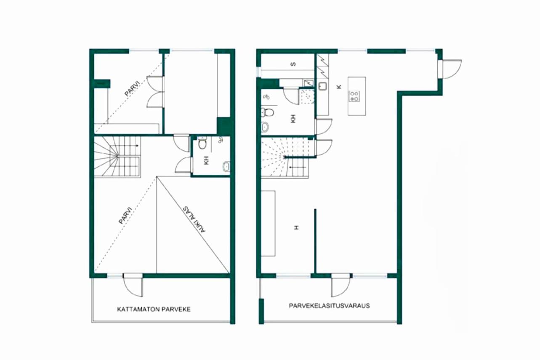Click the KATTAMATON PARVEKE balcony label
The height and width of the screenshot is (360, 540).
154,309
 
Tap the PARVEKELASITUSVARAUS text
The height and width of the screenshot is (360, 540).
329,306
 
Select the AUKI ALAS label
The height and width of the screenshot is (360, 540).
194,219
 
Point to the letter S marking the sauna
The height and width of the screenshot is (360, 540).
293,64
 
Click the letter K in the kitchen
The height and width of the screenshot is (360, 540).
339,87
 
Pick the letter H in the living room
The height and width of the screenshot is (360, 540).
296,227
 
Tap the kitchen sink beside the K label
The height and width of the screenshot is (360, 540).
322,86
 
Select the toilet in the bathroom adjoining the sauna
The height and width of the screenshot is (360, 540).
268,112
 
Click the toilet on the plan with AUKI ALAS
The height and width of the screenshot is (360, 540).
202,143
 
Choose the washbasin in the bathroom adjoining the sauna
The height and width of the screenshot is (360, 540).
265,127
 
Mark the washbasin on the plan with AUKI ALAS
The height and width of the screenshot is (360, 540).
226,166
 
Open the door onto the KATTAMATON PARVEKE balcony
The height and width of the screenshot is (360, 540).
133,285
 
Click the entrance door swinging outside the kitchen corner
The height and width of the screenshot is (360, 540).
450,69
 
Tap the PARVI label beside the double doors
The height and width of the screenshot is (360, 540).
132,89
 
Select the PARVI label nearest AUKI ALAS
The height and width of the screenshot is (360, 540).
125,215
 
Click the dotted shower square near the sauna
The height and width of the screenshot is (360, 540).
307,96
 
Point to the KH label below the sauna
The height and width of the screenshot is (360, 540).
293,119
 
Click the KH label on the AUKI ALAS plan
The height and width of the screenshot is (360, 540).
206,160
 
